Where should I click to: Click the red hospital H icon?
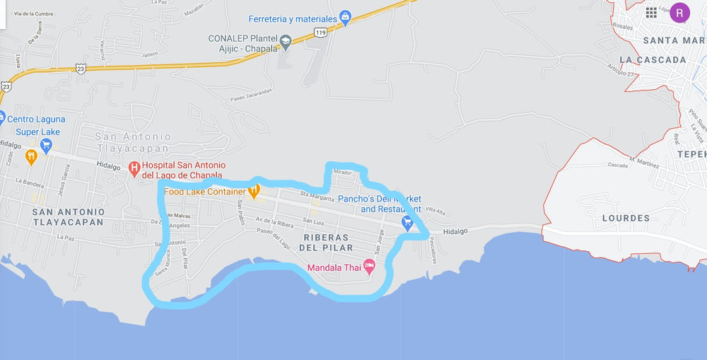134,168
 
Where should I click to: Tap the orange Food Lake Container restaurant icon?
255,190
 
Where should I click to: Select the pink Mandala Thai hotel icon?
368,267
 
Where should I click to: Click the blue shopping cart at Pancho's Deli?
407,223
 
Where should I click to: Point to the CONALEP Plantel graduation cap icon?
285,42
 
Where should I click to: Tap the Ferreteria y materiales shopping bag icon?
344,17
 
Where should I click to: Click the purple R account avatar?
680,12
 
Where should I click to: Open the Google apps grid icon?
651,13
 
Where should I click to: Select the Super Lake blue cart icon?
47,146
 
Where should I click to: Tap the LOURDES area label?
626,219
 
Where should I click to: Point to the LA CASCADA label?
653,60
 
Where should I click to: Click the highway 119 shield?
322,33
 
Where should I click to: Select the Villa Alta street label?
435,209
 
